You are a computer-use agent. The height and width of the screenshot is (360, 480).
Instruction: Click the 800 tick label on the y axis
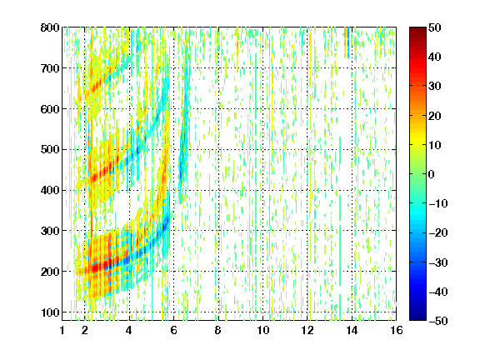coord(50,27)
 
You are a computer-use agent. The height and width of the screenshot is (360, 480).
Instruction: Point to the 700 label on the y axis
coord(50,68)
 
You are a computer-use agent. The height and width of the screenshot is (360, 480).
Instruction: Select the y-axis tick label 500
coord(50,150)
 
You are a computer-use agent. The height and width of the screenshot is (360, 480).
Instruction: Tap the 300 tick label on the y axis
coord(50,231)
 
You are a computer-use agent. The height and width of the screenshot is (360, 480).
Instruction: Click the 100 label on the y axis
coord(50,312)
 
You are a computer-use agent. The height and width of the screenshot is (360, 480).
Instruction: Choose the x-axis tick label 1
coord(62,330)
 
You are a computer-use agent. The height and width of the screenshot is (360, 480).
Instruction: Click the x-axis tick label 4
coord(129,330)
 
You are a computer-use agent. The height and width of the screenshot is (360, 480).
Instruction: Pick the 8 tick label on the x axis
coord(217,330)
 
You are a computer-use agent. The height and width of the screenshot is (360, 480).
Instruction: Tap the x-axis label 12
coord(307,330)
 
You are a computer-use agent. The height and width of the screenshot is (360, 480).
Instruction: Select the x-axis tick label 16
coord(396,330)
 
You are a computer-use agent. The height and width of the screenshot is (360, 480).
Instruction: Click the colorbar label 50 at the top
coord(434,27)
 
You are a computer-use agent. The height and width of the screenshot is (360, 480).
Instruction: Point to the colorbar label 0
coord(432,174)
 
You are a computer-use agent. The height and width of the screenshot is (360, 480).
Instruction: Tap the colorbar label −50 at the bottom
coord(438,321)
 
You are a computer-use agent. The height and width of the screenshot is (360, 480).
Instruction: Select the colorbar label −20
coord(438,232)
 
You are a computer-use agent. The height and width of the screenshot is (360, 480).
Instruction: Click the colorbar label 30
coord(434,87)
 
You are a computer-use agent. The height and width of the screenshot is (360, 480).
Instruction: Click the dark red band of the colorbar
coord(417,34)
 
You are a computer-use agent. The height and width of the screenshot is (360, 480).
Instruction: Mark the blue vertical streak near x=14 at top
coord(348,42)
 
